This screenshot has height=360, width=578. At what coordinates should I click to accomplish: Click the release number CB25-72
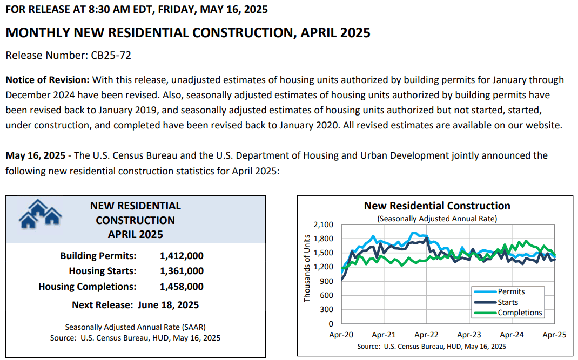point(111,55)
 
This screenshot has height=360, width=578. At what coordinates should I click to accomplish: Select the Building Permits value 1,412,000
point(182,256)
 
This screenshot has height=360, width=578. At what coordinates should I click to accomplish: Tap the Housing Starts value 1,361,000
point(182,271)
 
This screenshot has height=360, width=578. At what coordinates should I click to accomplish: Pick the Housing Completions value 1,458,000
point(182,287)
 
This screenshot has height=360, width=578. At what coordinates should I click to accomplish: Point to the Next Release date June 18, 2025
point(168,305)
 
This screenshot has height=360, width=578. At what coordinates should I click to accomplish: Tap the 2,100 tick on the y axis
point(323,225)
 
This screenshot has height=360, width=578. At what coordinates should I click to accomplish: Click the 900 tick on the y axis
point(326,281)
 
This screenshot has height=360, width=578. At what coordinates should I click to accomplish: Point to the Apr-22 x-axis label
point(427,335)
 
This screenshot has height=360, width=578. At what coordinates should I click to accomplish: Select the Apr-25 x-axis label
point(554,335)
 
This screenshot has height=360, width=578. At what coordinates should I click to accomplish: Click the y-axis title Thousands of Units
point(307,269)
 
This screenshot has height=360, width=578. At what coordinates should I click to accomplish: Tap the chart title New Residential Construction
point(437,206)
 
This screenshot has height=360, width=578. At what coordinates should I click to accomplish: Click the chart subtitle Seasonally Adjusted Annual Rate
point(437,219)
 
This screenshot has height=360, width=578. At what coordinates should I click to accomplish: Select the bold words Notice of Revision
point(48,80)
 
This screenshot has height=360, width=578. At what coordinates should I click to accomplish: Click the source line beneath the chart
point(431,347)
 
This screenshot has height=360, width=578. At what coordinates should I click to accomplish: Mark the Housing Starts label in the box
point(103,271)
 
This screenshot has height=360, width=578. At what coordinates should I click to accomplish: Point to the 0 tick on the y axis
point(331,324)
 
